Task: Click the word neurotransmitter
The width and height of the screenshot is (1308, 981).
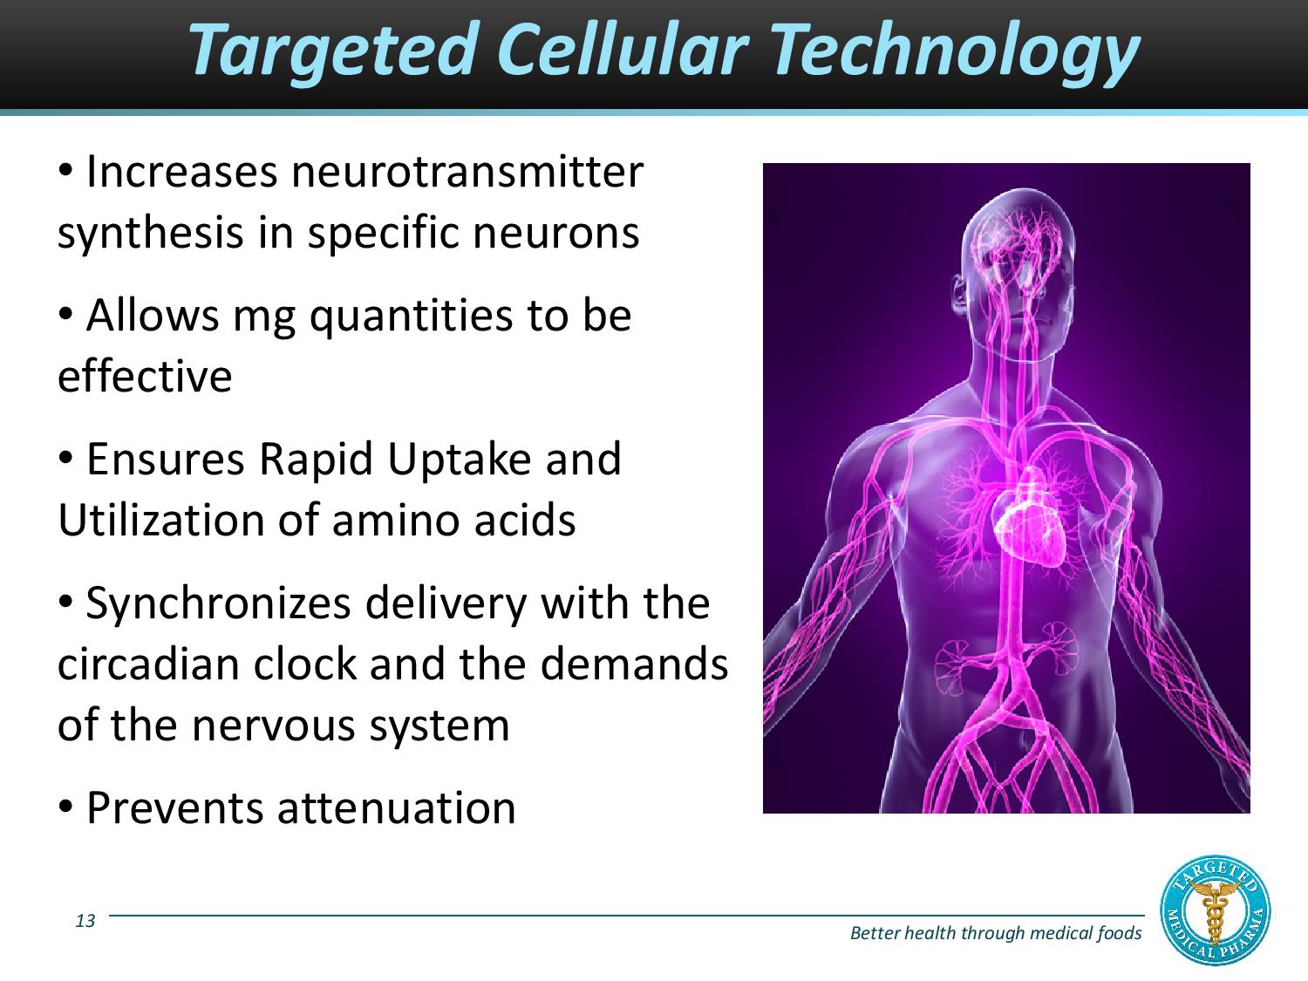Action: point(467,172)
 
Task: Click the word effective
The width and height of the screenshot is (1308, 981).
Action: point(145,376)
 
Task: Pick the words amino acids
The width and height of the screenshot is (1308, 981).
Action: point(453,520)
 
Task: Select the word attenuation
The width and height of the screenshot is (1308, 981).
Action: point(397,807)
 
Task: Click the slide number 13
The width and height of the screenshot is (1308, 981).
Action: point(85,921)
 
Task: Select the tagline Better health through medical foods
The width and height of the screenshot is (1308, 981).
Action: point(995,933)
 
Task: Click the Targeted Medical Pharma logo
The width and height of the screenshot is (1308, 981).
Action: point(1216,912)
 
